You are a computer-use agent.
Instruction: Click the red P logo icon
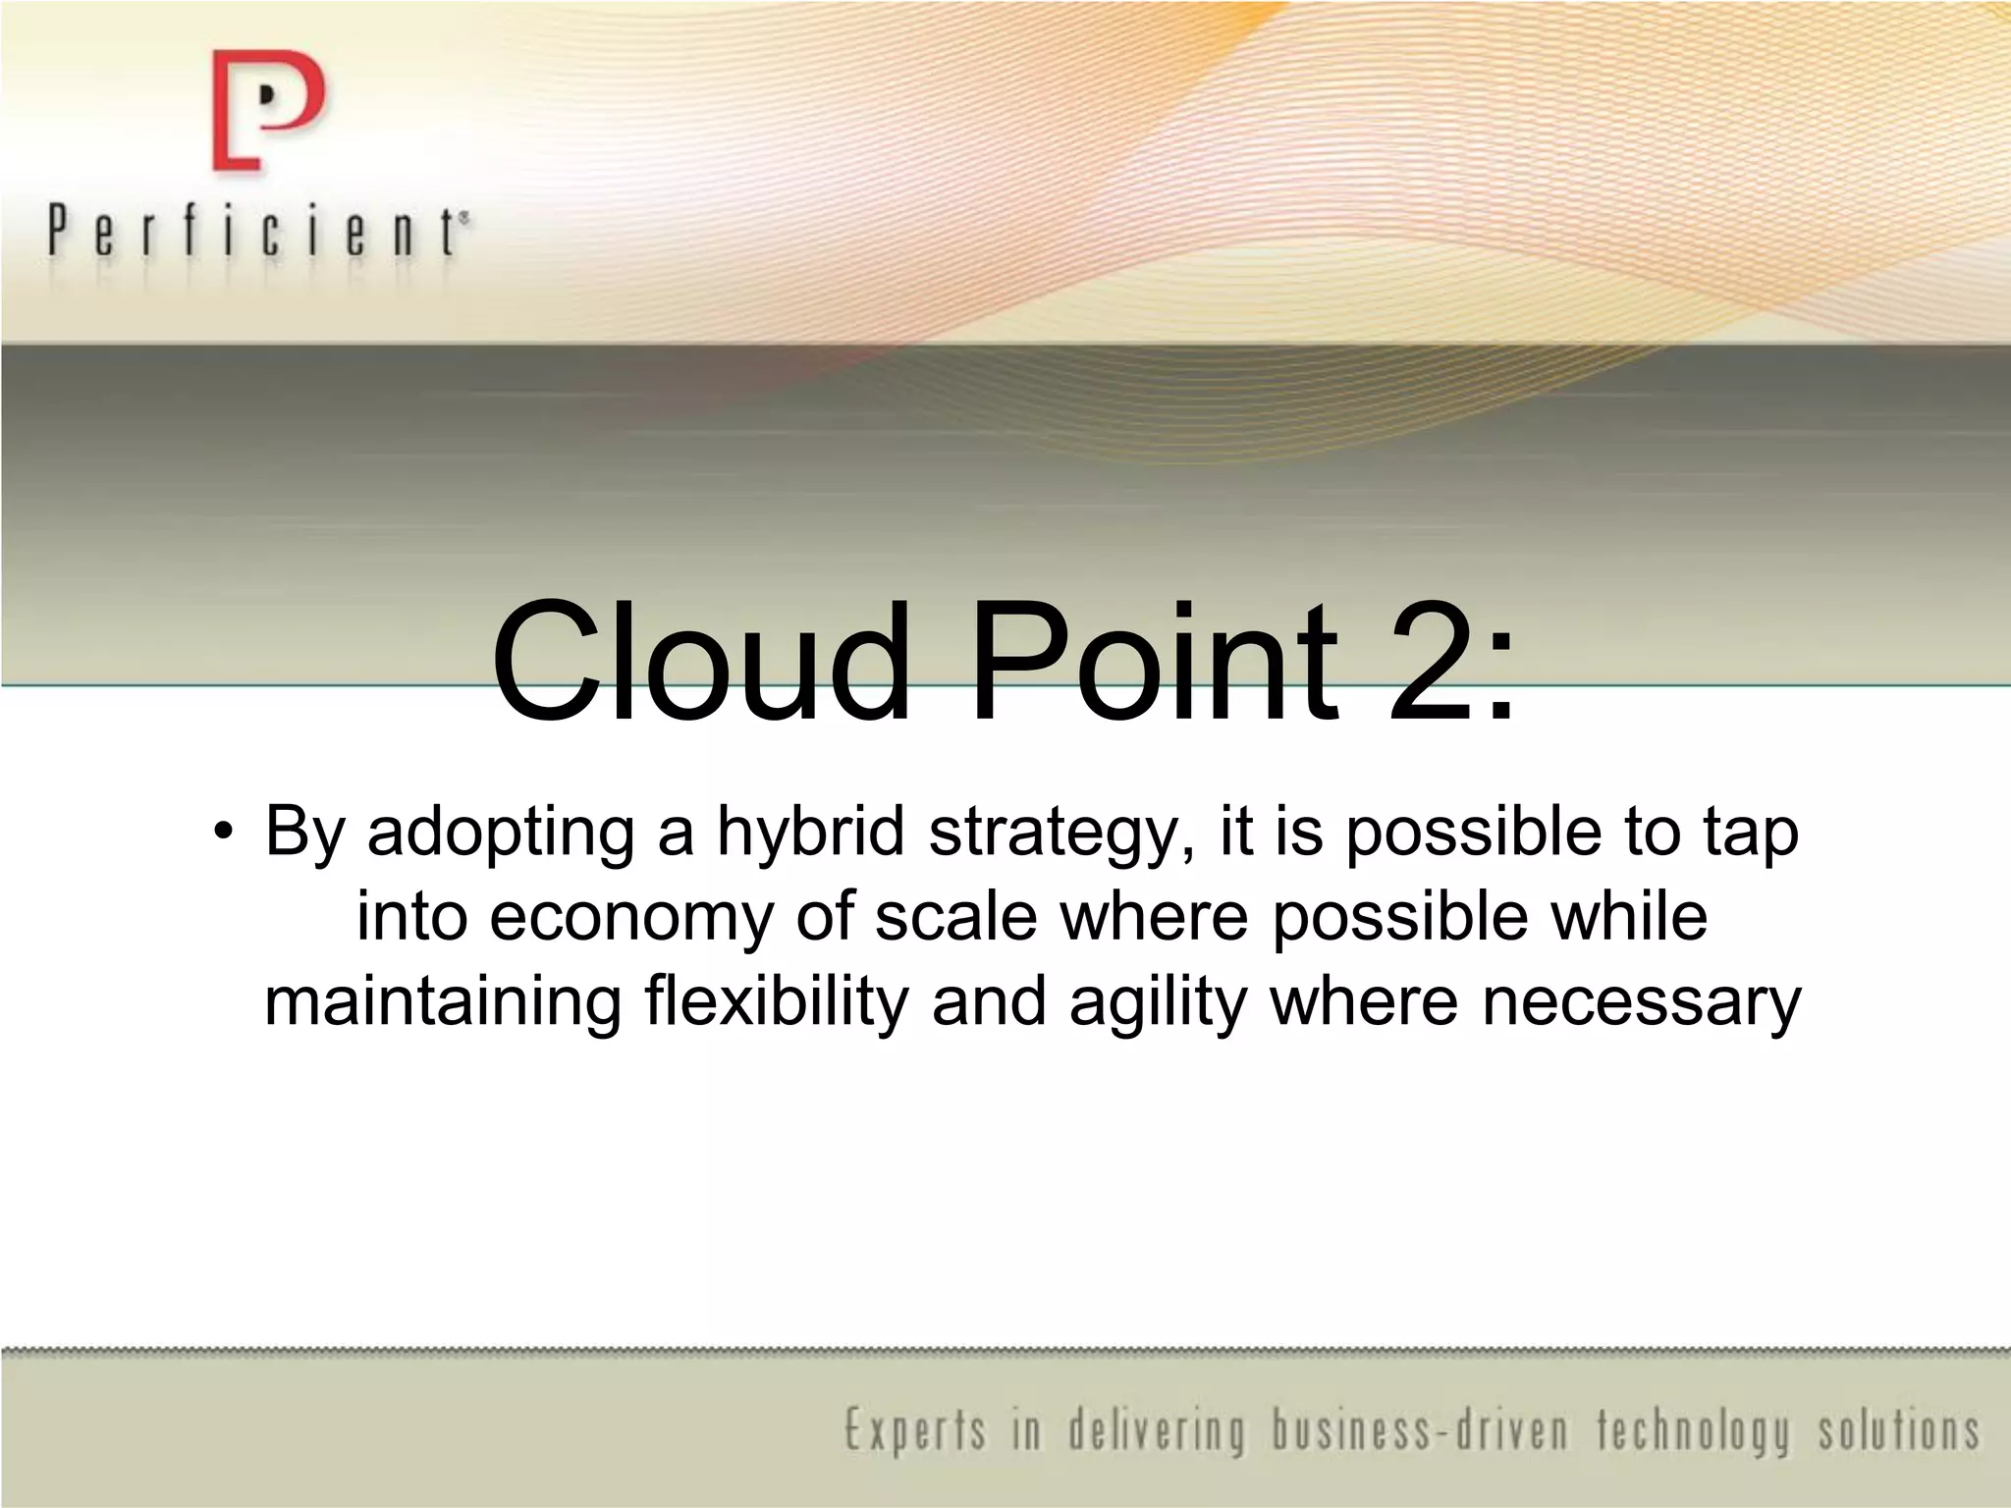click(x=266, y=111)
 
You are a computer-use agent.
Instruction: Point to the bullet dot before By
click(x=224, y=834)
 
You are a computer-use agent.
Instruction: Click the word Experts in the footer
click(x=914, y=1430)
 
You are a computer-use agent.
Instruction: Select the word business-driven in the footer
click(x=1421, y=1430)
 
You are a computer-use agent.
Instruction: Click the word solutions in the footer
click(x=1898, y=1430)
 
